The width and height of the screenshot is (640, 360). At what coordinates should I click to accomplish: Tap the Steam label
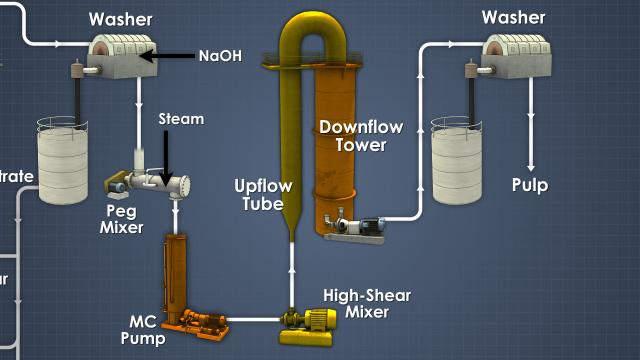(181, 119)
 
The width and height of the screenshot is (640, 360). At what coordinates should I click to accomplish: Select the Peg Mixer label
(122, 218)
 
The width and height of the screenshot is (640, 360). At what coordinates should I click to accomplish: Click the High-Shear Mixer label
(364, 303)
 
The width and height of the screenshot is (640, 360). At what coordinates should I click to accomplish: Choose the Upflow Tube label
(263, 194)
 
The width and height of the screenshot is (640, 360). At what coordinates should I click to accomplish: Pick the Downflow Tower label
(353, 135)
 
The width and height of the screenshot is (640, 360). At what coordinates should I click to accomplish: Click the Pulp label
(530, 185)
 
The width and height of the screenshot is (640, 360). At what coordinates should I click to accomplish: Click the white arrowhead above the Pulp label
(530, 160)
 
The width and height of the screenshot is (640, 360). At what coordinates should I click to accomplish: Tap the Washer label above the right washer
(514, 16)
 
